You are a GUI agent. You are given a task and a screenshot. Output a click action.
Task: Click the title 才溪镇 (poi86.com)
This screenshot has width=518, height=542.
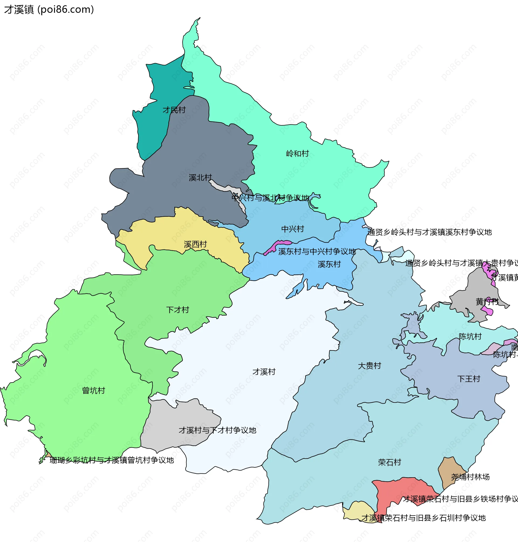click(x=49, y=9)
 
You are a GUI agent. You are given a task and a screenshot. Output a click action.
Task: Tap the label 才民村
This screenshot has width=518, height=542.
click(x=174, y=110)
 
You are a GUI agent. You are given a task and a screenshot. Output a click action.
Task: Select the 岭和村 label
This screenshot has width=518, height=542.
click(x=297, y=154)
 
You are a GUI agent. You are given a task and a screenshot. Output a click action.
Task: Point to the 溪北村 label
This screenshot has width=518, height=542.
click(x=200, y=178)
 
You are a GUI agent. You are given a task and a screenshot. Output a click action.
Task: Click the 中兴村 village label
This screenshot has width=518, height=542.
click(x=292, y=229)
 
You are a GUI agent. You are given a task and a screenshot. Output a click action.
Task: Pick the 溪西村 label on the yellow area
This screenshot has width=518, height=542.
click(x=195, y=244)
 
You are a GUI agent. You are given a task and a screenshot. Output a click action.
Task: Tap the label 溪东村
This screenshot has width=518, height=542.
click(x=329, y=264)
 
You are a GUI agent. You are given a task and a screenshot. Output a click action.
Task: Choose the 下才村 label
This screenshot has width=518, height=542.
click(x=178, y=310)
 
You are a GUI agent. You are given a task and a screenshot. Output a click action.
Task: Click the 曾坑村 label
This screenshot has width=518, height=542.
click(x=94, y=390)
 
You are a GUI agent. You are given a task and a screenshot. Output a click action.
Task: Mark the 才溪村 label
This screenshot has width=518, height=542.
click(x=264, y=372)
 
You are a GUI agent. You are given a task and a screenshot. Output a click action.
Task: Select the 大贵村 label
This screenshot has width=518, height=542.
click(x=369, y=366)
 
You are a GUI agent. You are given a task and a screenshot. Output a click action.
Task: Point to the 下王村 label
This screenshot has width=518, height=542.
click(x=469, y=379)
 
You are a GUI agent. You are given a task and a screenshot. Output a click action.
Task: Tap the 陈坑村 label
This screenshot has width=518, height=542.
click(x=470, y=336)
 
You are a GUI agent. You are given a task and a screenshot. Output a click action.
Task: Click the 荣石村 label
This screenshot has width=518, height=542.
click(x=389, y=462)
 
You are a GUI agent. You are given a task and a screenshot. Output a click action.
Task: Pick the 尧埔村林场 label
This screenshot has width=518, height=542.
click(x=470, y=477)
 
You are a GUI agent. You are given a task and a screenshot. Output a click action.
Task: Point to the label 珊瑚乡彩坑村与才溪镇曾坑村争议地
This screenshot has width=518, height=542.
click(x=111, y=460)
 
